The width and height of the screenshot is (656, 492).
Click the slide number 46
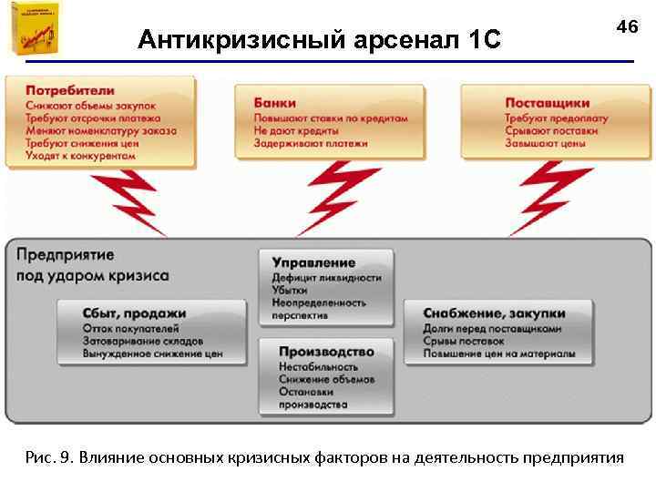coord(627,27)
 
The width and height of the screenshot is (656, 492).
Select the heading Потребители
coord(70,90)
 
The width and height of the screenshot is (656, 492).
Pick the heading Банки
coord(274,102)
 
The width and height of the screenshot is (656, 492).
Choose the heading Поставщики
coord(547,102)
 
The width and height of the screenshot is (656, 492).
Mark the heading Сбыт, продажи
coord(133,313)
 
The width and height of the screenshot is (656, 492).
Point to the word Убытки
coord(289,290)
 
